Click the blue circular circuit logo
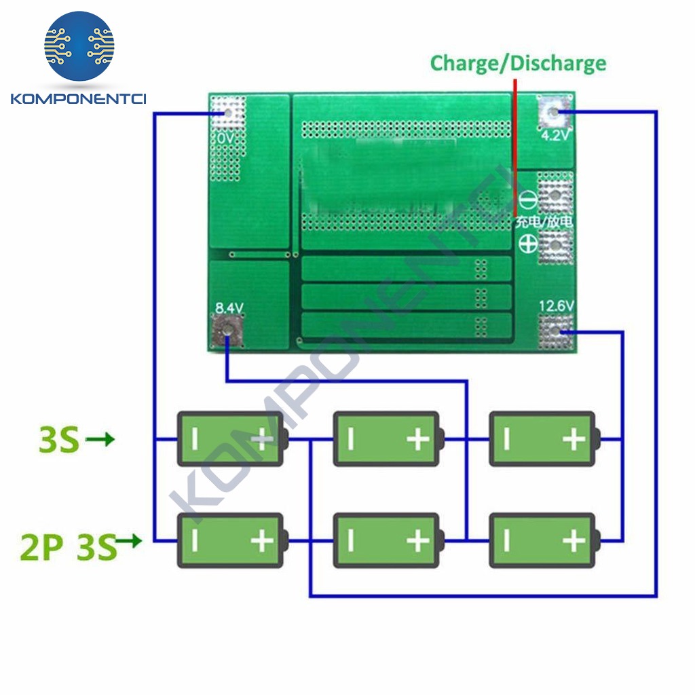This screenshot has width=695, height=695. point(79,46)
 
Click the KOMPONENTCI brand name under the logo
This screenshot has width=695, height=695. point(79,98)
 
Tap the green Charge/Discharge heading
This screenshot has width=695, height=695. point(518,64)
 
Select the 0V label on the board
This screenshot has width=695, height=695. point(225,138)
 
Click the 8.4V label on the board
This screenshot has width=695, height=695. point(229,307)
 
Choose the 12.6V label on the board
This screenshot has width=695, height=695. point(557,306)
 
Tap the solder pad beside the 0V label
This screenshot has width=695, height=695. point(228,113)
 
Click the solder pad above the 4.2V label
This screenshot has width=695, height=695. point(554,112)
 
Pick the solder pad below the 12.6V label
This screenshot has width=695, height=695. point(556,331)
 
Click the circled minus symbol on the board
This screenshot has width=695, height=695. point(528,200)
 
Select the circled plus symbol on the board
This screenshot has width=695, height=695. point(528,244)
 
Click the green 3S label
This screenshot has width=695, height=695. point(60,439)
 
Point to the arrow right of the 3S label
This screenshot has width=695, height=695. point(100,439)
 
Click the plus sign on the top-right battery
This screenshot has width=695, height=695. point(574,439)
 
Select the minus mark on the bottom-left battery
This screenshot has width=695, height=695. point(195,541)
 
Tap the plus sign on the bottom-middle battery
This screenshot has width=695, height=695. point(418,541)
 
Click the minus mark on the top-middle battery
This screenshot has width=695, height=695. point(351,439)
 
